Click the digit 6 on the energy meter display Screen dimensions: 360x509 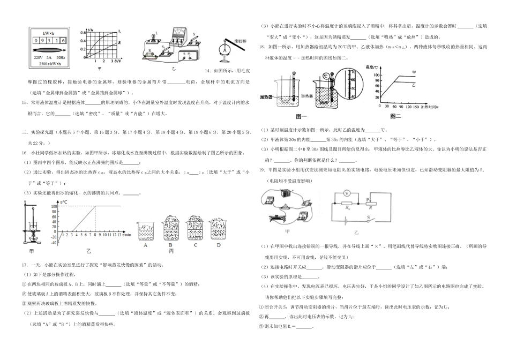coord(63,40)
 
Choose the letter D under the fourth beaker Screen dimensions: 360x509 coord(218,245)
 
